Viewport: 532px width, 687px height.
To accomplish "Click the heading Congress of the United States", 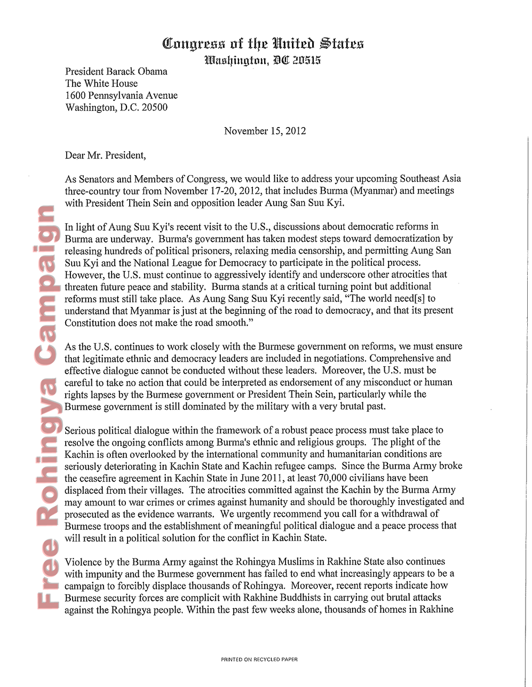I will (263, 44).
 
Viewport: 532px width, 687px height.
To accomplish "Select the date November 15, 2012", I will (265, 131).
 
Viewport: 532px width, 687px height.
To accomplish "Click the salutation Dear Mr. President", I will (106, 155).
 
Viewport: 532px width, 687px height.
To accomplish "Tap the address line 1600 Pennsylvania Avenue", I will (121, 95).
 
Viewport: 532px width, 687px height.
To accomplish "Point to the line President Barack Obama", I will (116, 71).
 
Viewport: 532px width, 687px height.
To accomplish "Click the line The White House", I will (101, 83).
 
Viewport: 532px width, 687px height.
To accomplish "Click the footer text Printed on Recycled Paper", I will (259, 659).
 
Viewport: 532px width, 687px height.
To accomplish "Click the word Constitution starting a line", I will (91, 322).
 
